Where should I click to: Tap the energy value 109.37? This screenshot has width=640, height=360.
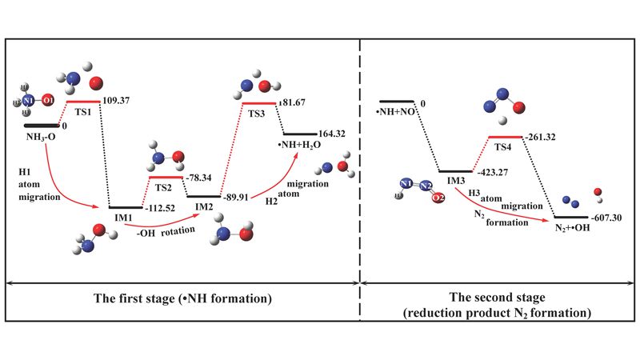(x=118, y=102)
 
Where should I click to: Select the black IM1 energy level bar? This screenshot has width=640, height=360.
(x=126, y=207)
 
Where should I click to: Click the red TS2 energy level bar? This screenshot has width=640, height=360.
(x=166, y=177)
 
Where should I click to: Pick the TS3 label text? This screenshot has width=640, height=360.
(x=257, y=115)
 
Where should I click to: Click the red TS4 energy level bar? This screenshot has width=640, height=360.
(x=505, y=137)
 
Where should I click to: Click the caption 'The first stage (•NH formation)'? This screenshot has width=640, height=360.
(x=182, y=299)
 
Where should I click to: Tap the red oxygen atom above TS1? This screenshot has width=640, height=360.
(x=96, y=82)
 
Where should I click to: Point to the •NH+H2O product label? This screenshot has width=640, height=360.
(x=302, y=147)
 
